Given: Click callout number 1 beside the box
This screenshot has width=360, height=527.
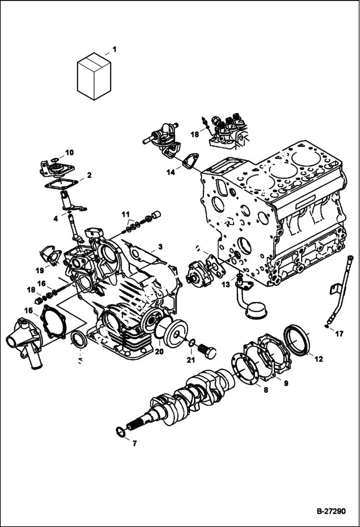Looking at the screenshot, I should point(114,49).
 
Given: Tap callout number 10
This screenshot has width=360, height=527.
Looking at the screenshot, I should point(69,153).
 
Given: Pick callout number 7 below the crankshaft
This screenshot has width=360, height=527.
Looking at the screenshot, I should point(134,443).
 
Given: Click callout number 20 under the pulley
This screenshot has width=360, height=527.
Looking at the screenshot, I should point(159,351).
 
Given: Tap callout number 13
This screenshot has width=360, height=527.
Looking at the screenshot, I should point(225,285).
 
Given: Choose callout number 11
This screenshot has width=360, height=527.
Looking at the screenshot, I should point(125,213).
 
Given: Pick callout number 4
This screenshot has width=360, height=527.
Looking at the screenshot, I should point(56,219).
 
